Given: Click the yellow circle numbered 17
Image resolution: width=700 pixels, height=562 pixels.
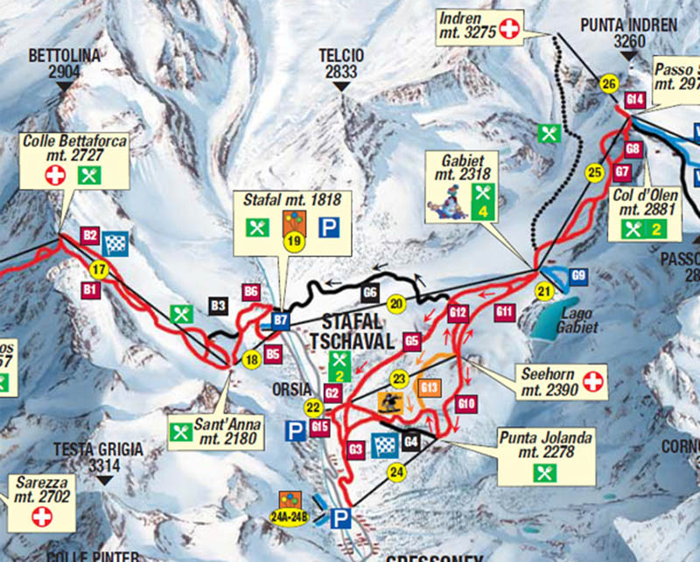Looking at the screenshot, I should pyautogui.click(x=97, y=269).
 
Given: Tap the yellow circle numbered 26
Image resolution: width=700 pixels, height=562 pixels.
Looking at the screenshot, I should pyautogui.click(x=609, y=84).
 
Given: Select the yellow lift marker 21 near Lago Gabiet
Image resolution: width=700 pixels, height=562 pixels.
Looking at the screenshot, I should pyautogui.click(x=546, y=291).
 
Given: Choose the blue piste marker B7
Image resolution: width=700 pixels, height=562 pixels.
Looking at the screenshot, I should pyautogui.click(x=281, y=320).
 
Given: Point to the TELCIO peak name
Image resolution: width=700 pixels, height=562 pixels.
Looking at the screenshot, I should pyautogui.click(x=341, y=64).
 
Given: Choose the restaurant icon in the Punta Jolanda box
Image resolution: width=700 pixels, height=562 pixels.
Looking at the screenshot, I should pyautogui.click(x=543, y=473).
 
